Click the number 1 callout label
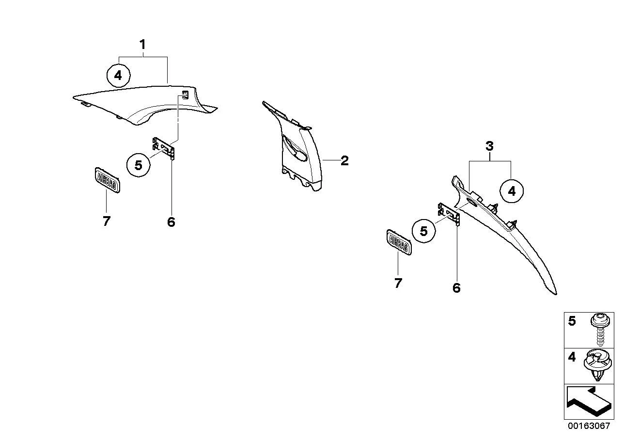point(142,45)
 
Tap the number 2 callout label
point(344,161)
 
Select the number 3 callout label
point(489,146)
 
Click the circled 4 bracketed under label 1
point(118,76)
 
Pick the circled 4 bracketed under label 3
point(512,191)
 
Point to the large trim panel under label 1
point(145,105)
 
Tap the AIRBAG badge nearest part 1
point(108,180)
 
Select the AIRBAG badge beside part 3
point(399,242)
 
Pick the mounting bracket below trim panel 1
point(164,148)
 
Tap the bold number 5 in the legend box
point(572,321)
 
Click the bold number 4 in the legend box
point(572,357)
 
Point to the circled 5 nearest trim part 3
point(424,231)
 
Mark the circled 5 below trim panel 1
point(139,165)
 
